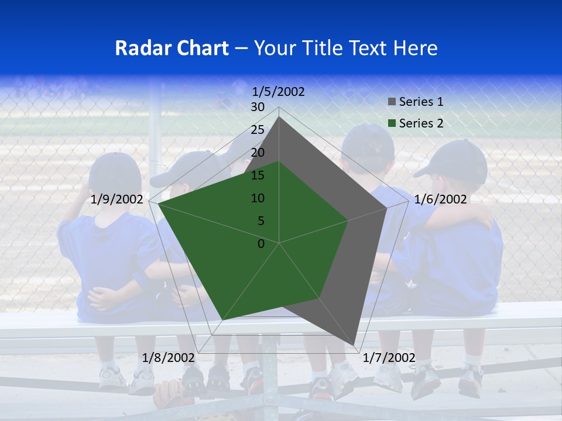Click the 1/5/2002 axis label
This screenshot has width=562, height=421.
pos(279,92)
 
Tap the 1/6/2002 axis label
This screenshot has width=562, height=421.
pos(440,199)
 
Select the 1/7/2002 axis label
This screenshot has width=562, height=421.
pos(389,358)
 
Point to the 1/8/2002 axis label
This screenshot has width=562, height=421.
pos(169,358)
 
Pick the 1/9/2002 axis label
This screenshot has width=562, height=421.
pos(117,199)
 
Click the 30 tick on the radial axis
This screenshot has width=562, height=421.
pos(258,107)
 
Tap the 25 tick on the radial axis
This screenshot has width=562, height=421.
pos(258,130)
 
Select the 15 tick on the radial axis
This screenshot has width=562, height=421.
pos(258,175)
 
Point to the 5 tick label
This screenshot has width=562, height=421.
pos(261,221)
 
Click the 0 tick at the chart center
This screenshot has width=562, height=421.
pos(261,244)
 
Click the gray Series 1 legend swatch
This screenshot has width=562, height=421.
pos(392,102)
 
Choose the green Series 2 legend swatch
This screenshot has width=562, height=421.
pos(392,123)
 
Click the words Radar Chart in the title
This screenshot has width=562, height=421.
pos(172,48)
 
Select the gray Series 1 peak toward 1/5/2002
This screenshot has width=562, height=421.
pos(279,117)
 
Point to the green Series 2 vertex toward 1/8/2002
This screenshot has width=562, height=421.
pos(222,320)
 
